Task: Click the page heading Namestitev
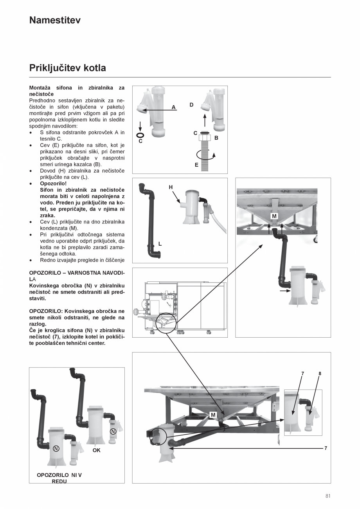[x=55, y=20]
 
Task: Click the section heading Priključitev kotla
[x=67, y=68]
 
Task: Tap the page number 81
[x=328, y=496]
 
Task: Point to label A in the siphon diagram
[x=173, y=107]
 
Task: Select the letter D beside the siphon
[x=191, y=105]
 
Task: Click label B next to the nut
[x=216, y=138]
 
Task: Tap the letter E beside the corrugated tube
[x=196, y=165]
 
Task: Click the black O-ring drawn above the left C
[x=140, y=135]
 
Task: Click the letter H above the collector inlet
[x=171, y=187]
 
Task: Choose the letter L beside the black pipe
[x=160, y=244]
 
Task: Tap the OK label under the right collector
[x=96, y=450]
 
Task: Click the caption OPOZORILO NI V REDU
[x=59, y=478]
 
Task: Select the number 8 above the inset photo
[x=320, y=374]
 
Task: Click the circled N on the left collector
[x=56, y=448]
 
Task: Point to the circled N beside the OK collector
[x=113, y=431]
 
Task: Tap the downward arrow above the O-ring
[x=140, y=126]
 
